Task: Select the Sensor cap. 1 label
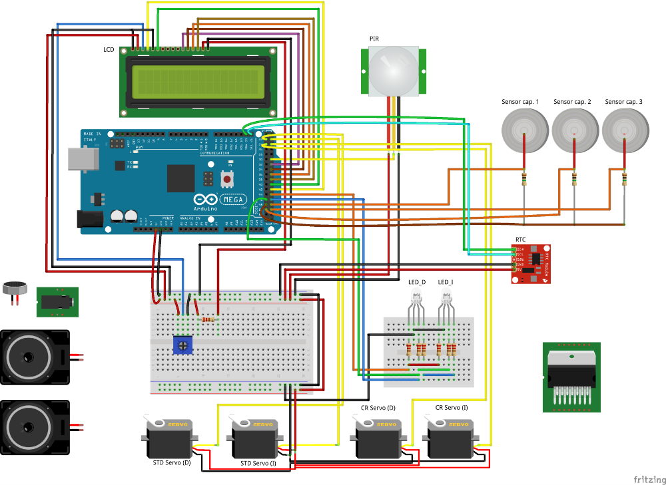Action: coord(520,102)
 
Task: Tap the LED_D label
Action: coord(416,282)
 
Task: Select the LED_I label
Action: coord(446,282)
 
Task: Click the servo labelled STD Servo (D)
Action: coord(169,438)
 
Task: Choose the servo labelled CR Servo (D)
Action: coord(377,438)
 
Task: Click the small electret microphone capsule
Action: coord(15,288)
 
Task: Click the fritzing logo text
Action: coord(649,479)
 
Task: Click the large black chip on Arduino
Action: coord(181,178)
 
